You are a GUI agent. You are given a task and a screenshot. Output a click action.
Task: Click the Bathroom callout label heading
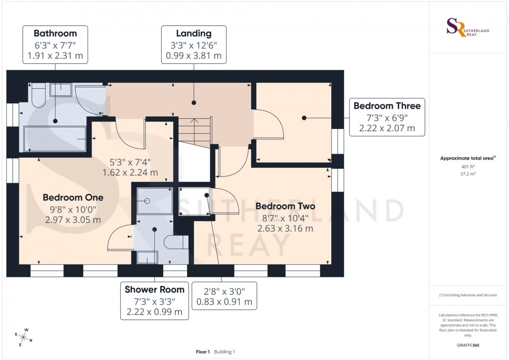tap(55, 33)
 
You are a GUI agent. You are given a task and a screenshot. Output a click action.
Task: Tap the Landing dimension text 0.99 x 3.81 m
tap(194, 56)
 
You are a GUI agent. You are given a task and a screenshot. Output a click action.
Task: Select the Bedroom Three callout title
tap(387, 105)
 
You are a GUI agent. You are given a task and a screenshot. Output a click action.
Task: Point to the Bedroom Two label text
tap(285, 206)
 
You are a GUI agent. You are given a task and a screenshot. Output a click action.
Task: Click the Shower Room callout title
tap(154, 290)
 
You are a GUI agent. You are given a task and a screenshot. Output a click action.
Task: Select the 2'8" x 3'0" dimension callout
tap(224, 296)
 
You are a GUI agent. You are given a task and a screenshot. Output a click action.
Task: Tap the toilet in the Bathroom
tap(38, 96)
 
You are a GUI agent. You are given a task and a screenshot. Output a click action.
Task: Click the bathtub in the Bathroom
tap(55, 138)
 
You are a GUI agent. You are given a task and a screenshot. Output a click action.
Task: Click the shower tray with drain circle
tap(154, 201)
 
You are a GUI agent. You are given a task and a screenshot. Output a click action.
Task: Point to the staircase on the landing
tap(193, 132)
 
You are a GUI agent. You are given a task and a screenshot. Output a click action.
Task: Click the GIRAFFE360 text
tap(469, 345)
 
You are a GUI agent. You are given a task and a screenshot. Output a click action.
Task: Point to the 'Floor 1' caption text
tap(203, 352)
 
